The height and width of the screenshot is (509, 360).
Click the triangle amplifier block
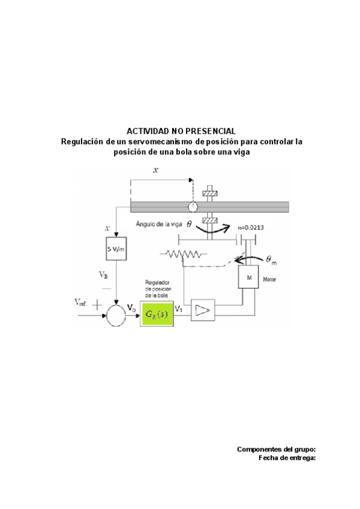[203, 310]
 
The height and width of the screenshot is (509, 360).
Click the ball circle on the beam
[192, 207]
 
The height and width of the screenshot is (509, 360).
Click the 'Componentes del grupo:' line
[276, 449]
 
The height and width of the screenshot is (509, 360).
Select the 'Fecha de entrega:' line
[287, 457]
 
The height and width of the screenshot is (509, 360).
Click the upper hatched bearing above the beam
[210, 193]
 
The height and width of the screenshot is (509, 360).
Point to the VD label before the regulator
[131, 307]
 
